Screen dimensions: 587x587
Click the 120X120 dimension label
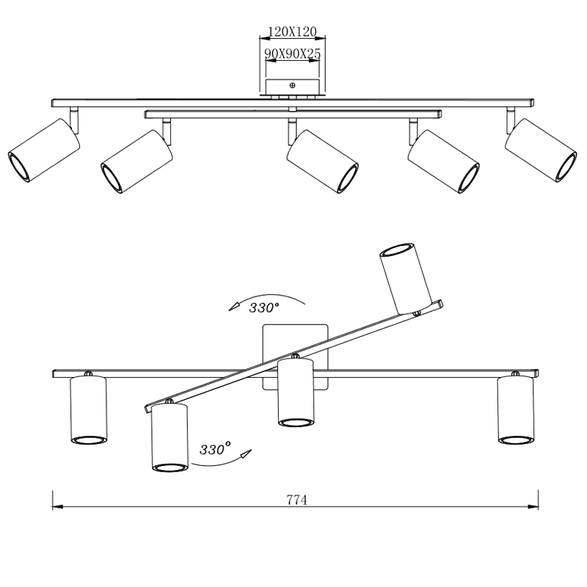coord(292,32)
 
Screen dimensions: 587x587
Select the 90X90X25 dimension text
coord(292,54)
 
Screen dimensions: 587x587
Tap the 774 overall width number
coord(297,500)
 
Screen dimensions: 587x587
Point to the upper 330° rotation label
coord(264,307)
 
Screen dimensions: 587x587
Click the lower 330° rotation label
coord(215,448)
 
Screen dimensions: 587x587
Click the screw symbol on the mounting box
coord(292,85)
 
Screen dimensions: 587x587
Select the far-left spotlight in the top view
coord(44,150)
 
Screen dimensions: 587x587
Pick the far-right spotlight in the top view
coord(541,150)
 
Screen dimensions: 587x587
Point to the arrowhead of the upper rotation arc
coord(234,306)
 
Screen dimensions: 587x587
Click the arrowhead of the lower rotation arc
coord(246,454)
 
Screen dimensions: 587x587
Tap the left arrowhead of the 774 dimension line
coord(57,507)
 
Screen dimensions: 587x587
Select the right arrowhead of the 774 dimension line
coord(533,507)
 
